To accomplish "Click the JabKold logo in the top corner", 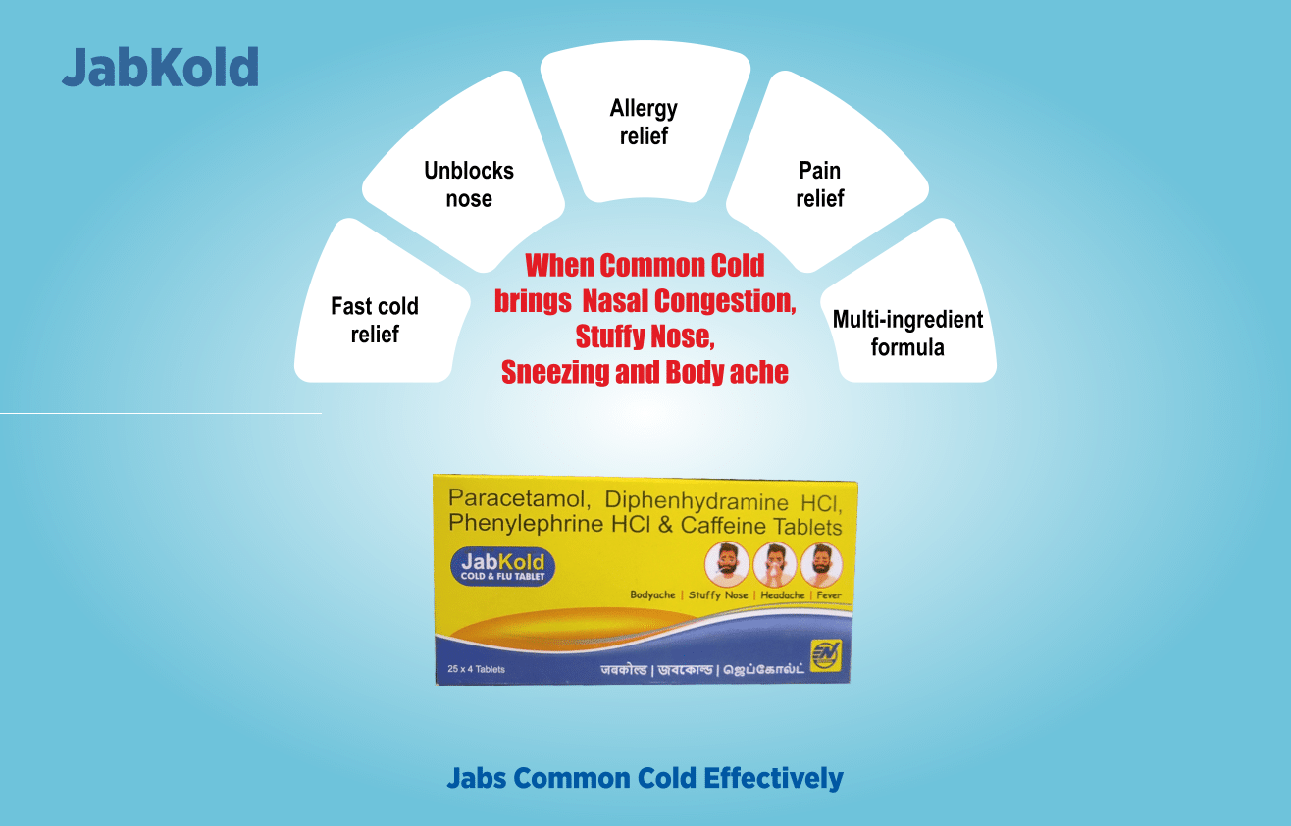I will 160,68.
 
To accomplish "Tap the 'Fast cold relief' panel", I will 375,319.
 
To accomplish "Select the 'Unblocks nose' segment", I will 469,183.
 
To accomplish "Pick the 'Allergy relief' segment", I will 644,122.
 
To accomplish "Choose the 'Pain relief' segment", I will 819,183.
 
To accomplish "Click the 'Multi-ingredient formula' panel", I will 907,333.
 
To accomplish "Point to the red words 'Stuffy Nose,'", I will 645,336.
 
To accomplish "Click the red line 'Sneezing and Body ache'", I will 645,372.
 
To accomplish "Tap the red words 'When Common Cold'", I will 645,265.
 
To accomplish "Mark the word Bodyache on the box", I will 653,595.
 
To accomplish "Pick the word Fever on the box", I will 828,595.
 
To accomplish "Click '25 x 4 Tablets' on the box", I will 476,669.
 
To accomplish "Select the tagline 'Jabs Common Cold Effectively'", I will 645,778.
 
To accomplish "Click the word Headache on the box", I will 783,595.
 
